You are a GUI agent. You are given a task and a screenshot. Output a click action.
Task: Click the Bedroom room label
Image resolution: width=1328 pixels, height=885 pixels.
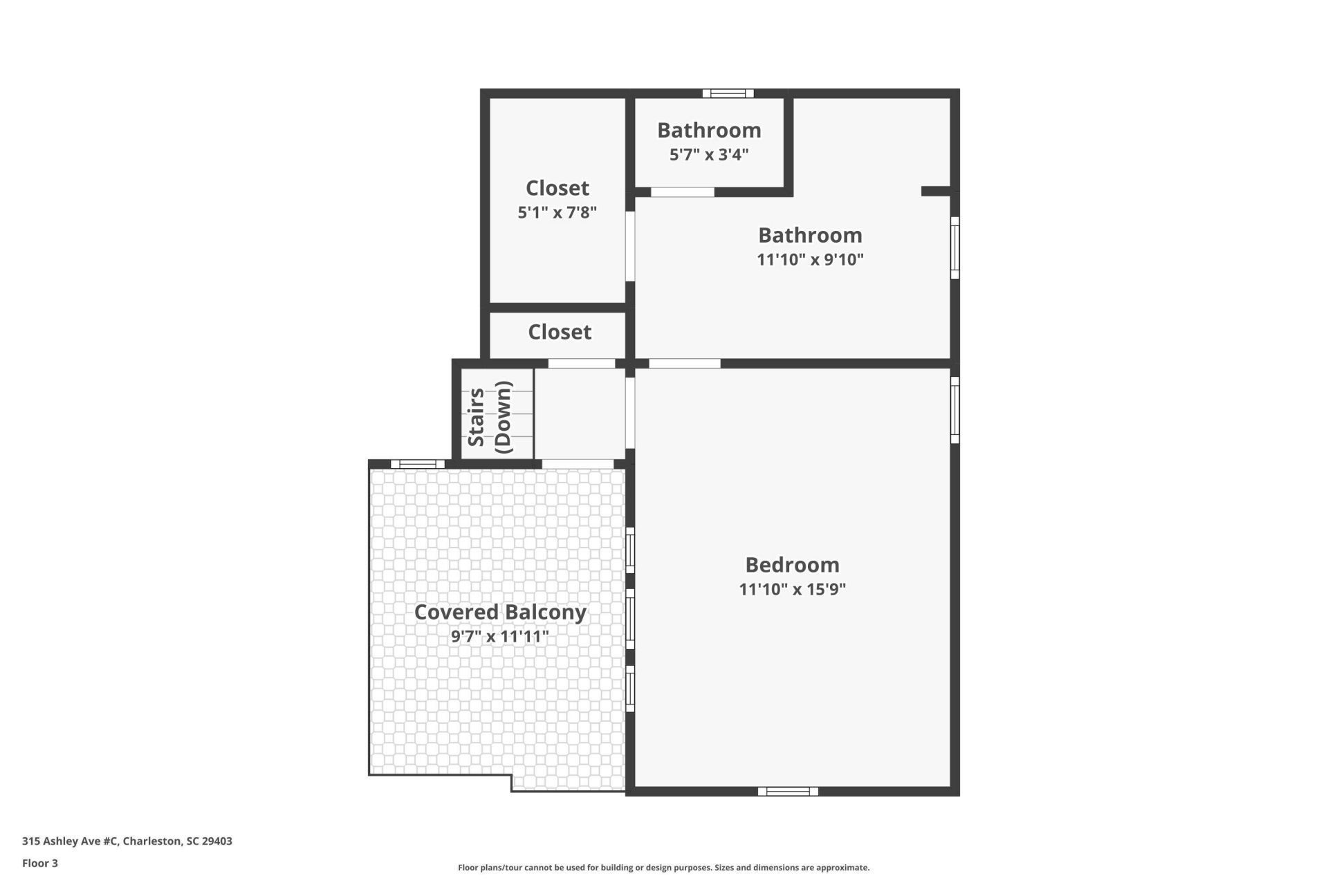[792, 565]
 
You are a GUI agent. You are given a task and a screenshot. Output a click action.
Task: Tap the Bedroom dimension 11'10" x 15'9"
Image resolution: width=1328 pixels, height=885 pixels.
[792, 589]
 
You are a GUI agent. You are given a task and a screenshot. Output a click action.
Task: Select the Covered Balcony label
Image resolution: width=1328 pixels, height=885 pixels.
[500, 612]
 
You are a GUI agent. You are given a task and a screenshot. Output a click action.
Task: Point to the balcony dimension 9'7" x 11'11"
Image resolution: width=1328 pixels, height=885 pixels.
[500, 636]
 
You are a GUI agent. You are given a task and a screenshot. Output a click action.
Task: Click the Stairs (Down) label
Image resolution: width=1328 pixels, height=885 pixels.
[490, 417]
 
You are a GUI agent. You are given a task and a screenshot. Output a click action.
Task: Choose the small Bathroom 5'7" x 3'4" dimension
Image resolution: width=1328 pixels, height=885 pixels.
[709, 154]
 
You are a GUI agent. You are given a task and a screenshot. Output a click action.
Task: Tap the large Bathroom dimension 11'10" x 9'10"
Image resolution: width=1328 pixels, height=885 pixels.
[810, 259]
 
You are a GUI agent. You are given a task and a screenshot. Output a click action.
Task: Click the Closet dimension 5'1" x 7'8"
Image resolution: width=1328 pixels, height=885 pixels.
[557, 212]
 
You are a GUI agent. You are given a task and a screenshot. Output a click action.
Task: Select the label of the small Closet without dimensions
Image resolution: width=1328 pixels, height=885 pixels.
[560, 332]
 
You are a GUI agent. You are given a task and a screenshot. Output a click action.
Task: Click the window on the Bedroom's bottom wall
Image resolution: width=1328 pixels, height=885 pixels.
[788, 791]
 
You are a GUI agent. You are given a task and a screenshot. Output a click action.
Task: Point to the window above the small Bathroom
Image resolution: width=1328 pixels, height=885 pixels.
[728, 93]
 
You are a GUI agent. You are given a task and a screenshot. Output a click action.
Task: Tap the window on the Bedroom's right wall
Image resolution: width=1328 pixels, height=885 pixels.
[954, 409]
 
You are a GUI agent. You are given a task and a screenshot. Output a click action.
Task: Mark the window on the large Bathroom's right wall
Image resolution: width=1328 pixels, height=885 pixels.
[954, 248]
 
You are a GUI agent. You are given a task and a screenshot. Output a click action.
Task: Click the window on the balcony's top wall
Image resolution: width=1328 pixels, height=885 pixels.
[418, 464]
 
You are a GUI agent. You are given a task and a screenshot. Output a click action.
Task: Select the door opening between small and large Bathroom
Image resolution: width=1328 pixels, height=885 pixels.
[682, 192]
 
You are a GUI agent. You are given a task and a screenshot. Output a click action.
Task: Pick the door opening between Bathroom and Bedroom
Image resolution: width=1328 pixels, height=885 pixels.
[684, 364]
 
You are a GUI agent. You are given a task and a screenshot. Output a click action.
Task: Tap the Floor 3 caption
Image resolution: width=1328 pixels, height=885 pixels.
[40, 863]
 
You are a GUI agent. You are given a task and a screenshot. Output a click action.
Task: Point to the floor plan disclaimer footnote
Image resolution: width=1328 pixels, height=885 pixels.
[663, 868]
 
